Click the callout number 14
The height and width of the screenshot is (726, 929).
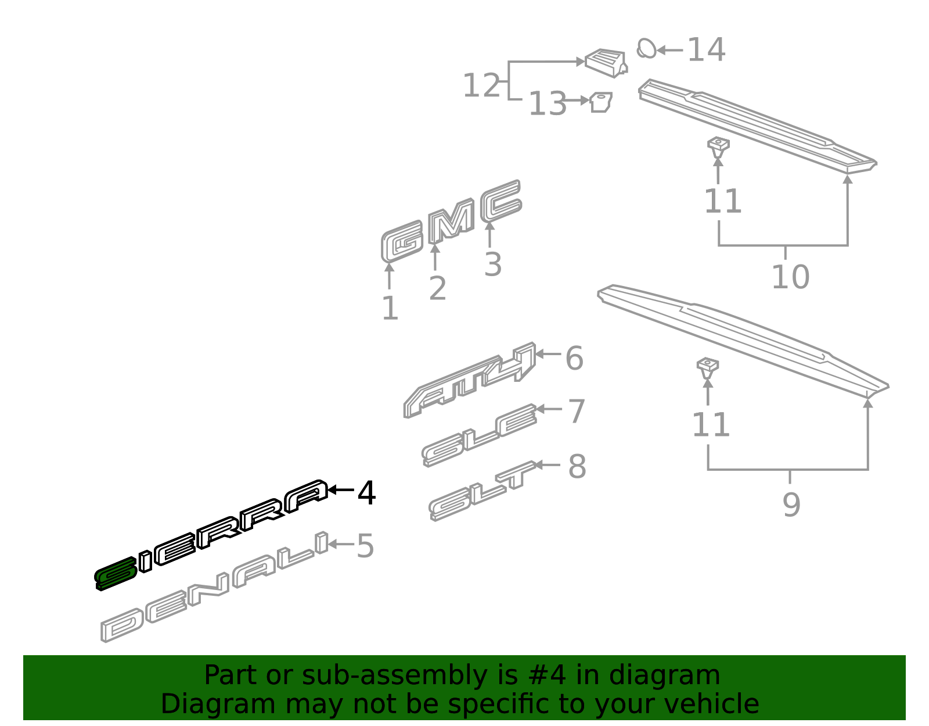point(706,49)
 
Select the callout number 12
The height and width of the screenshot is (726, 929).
point(481,85)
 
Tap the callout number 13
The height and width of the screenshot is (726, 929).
point(548,103)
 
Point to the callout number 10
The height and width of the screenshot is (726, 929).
point(790,277)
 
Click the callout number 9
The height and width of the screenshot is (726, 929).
point(791,505)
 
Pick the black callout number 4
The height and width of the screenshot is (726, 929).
point(366,493)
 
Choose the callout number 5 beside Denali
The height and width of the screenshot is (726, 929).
point(365,546)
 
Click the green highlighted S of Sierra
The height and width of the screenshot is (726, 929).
point(116,574)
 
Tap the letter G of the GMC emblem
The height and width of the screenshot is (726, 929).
point(402,241)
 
